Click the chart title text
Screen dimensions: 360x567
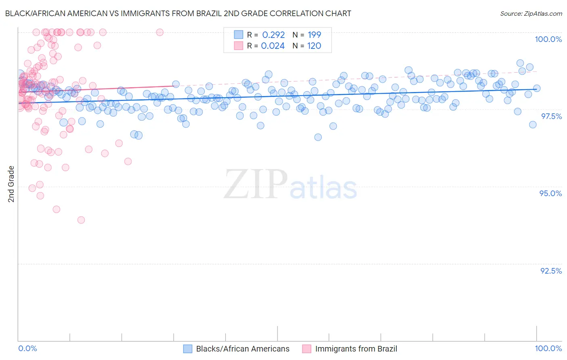click(178, 13)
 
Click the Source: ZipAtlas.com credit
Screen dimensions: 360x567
click(531, 13)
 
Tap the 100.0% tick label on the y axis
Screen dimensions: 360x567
click(548, 39)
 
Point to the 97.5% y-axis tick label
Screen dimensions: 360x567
click(551, 116)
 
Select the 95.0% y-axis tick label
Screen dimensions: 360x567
click(550, 193)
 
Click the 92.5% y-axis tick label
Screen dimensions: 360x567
click(551, 271)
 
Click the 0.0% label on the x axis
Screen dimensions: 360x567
click(27, 348)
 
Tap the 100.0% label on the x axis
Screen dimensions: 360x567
click(548, 348)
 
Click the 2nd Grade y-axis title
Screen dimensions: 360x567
click(11, 184)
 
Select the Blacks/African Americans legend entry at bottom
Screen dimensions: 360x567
click(242, 349)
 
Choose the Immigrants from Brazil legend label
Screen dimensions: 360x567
click(356, 349)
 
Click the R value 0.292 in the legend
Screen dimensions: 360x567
click(273, 35)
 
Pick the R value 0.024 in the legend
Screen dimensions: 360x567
click(273, 46)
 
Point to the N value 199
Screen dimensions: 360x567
click(314, 35)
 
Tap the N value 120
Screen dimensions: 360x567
click(314, 46)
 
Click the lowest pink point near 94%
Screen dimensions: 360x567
click(81, 220)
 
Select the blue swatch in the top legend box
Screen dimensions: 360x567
click(239, 35)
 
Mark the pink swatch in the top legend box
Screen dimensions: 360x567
click(239, 46)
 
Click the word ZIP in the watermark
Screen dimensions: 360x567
click(256, 184)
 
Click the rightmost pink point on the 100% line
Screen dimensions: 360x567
click(160, 32)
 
